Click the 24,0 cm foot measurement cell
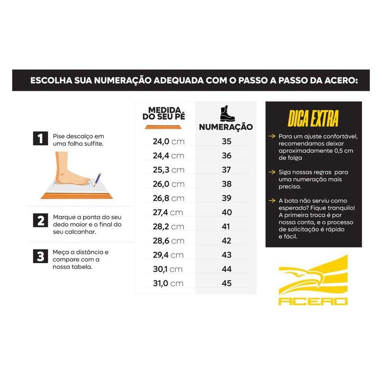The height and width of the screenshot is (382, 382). [169, 141]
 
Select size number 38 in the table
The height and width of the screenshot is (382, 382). [226, 184]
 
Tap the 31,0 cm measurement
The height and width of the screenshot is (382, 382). [168, 283]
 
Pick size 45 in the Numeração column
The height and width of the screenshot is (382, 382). [226, 283]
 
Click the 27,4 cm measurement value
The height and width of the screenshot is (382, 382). [168, 212]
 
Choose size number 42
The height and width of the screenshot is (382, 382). [226, 241]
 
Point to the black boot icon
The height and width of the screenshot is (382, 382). [227, 114]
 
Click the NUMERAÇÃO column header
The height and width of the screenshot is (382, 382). [226, 127]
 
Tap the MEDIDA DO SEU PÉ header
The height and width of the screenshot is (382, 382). [164, 114]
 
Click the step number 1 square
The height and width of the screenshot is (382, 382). [41, 138]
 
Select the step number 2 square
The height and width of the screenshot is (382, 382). [41, 221]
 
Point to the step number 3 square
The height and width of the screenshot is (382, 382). [41, 256]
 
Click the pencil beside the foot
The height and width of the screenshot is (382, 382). [97, 180]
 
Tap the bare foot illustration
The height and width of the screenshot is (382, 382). [69, 170]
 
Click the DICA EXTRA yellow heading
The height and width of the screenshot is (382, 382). [313, 118]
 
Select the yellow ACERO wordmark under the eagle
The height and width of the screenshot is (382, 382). [313, 302]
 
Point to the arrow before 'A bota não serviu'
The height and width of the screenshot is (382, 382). [272, 201]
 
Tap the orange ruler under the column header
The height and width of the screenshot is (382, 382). [163, 127]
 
